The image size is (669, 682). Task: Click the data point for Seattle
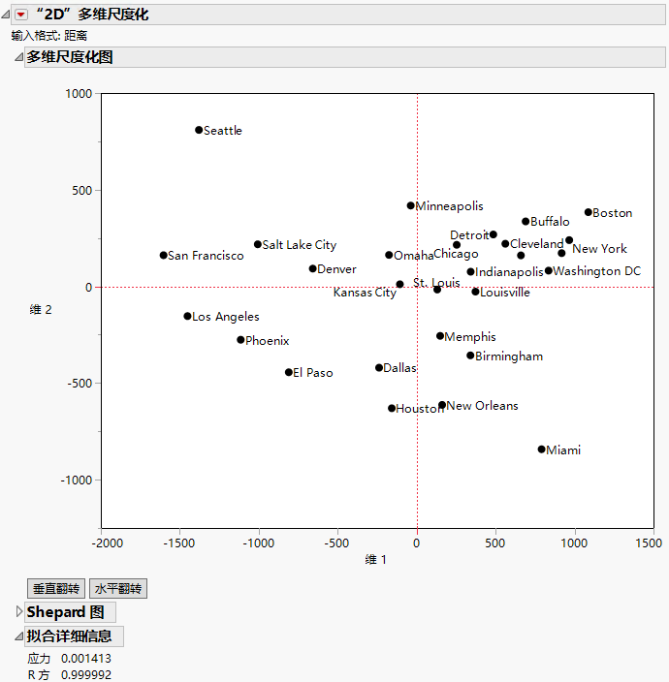(x=199, y=130)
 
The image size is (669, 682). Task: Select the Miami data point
(x=542, y=449)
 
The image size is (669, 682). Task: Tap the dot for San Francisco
(x=163, y=256)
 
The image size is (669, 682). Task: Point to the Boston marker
(x=589, y=212)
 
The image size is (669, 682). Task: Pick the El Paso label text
(x=312, y=373)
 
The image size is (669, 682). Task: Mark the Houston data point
(x=392, y=409)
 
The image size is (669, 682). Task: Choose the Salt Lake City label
(x=300, y=245)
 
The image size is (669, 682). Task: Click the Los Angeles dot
(x=187, y=317)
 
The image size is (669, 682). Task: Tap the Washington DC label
(x=596, y=271)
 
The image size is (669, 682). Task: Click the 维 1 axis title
(x=376, y=560)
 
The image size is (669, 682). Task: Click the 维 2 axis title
(x=41, y=310)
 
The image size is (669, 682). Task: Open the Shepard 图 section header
(x=65, y=612)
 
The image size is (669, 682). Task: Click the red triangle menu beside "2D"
(x=20, y=15)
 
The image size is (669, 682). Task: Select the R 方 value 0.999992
(x=86, y=674)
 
